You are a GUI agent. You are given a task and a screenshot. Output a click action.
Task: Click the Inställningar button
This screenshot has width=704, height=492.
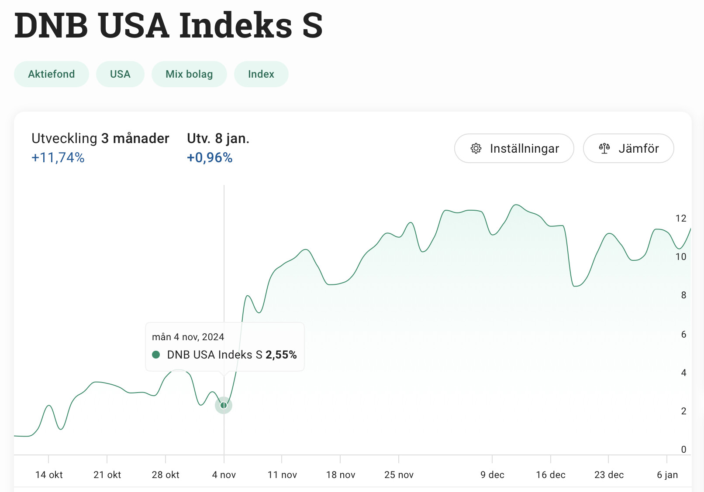(514, 148)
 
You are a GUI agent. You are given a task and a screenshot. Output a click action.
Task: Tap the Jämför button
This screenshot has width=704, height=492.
(628, 148)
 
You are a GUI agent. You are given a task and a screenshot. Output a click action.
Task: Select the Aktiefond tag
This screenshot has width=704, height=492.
(52, 74)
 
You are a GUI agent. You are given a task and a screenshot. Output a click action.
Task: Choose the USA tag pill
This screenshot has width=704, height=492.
(120, 74)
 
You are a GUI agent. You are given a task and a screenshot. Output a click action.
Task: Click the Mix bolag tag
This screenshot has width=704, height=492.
(189, 74)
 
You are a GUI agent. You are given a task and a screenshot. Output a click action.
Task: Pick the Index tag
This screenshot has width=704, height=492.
(261, 74)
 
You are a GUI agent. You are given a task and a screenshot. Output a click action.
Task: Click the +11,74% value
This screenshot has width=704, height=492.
(58, 157)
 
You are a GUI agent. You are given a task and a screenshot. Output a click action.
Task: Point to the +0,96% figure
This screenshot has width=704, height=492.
(210, 157)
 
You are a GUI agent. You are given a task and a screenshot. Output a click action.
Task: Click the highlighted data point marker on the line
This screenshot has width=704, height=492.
(224, 405)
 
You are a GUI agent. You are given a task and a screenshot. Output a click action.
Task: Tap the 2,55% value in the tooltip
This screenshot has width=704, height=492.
(281, 355)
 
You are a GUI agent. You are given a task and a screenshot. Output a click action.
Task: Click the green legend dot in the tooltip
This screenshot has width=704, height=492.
(156, 355)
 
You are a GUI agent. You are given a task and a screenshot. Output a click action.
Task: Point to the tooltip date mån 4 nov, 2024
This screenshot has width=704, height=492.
(188, 337)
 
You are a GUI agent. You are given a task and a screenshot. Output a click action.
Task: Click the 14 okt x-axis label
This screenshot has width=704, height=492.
(49, 475)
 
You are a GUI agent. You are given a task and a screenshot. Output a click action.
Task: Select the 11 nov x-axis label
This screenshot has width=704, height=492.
(282, 475)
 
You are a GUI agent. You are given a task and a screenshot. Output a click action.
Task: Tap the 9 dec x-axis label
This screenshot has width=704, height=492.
(492, 475)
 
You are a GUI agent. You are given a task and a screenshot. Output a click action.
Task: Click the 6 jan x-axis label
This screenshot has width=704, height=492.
(667, 475)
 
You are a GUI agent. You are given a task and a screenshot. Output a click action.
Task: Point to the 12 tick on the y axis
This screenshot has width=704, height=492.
(681, 219)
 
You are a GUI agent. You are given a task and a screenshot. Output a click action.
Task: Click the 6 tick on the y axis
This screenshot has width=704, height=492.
(683, 335)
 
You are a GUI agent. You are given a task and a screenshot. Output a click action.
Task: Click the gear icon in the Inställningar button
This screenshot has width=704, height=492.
(476, 148)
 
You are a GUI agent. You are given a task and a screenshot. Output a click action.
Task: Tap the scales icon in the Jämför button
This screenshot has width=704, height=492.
(604, 148)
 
